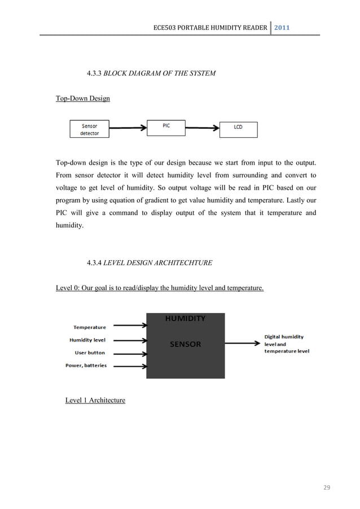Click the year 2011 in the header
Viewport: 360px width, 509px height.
282,27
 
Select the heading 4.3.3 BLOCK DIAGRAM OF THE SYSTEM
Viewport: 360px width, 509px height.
151,73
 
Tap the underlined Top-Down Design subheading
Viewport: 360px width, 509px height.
82,99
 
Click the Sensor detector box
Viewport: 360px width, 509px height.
89,129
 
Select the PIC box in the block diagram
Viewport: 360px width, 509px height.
166,127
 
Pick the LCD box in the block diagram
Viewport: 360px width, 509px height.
238,129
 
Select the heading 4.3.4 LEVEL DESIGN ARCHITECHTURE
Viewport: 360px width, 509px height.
149,262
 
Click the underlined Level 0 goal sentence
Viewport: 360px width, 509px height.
160,288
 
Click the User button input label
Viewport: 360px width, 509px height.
90,353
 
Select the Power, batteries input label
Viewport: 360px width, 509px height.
86,365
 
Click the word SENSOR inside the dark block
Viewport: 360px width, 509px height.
186,344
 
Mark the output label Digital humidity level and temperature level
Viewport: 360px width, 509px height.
287,343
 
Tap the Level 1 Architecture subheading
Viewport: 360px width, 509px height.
95,400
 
